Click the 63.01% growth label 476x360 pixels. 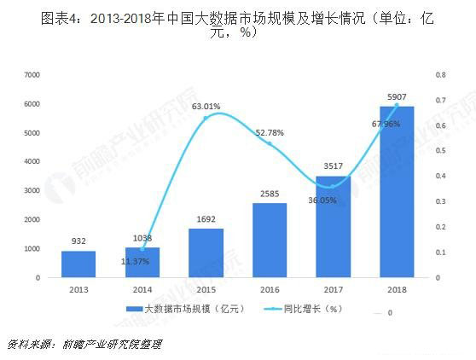point(206,107)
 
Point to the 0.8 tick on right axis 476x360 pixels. point(439,75)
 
